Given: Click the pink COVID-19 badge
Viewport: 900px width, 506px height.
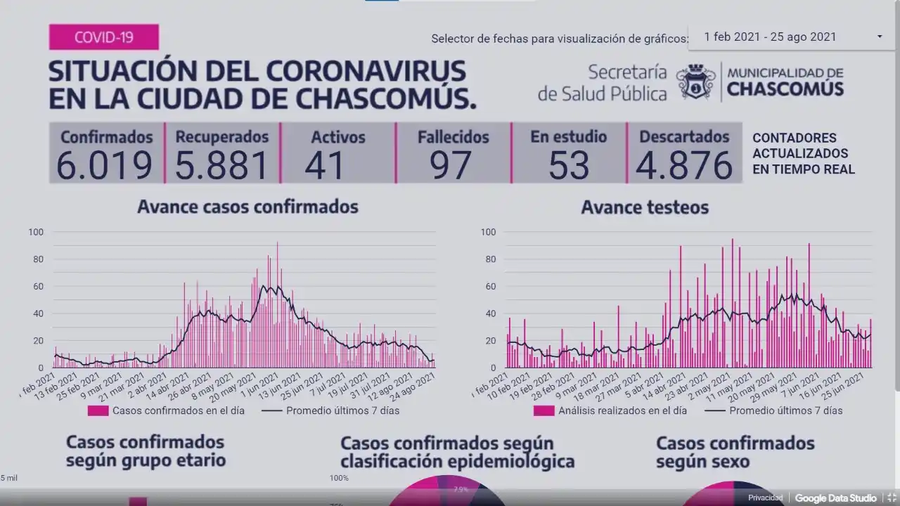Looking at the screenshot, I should [x=103, y=37].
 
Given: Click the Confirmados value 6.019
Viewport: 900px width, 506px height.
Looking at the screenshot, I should [x=104, y=166].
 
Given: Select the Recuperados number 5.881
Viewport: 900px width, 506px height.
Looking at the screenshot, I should [x=221, y=166].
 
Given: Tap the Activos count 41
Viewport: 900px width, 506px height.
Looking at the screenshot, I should [x=325, y=166].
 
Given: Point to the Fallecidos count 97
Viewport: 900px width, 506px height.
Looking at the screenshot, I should [x=451, y=166].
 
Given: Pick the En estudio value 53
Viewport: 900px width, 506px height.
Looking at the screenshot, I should [x=569, y=166].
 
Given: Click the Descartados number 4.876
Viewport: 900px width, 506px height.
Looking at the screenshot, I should [x=684, y=166].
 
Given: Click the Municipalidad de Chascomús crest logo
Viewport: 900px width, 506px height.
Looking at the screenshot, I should [x=696, y=82].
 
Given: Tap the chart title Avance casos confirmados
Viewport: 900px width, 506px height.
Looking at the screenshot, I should [x=247, y=207].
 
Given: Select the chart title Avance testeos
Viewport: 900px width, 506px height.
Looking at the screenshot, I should [x=645, y=207].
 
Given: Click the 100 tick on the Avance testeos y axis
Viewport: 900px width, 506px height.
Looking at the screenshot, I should [x=488, y=232].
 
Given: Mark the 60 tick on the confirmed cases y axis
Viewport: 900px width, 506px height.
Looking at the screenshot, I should [x=36, y=287].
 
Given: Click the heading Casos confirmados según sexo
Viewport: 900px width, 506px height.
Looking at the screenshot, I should [x=735, y=452].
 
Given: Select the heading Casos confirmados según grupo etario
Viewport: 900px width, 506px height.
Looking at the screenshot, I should [x=146, y=451].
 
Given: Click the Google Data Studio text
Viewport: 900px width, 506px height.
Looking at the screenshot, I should [x=835, y=498].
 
